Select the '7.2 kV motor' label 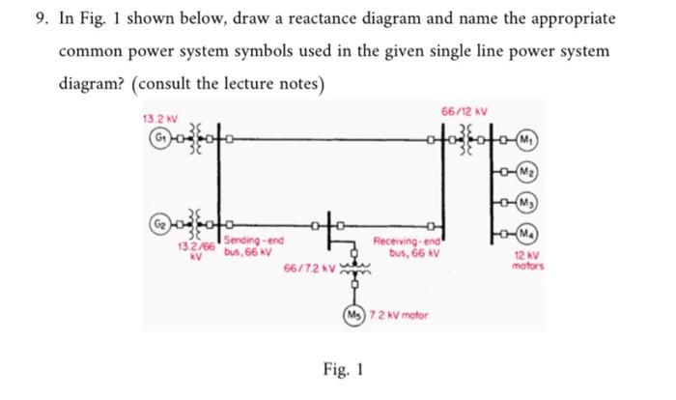[x=396, y=315]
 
